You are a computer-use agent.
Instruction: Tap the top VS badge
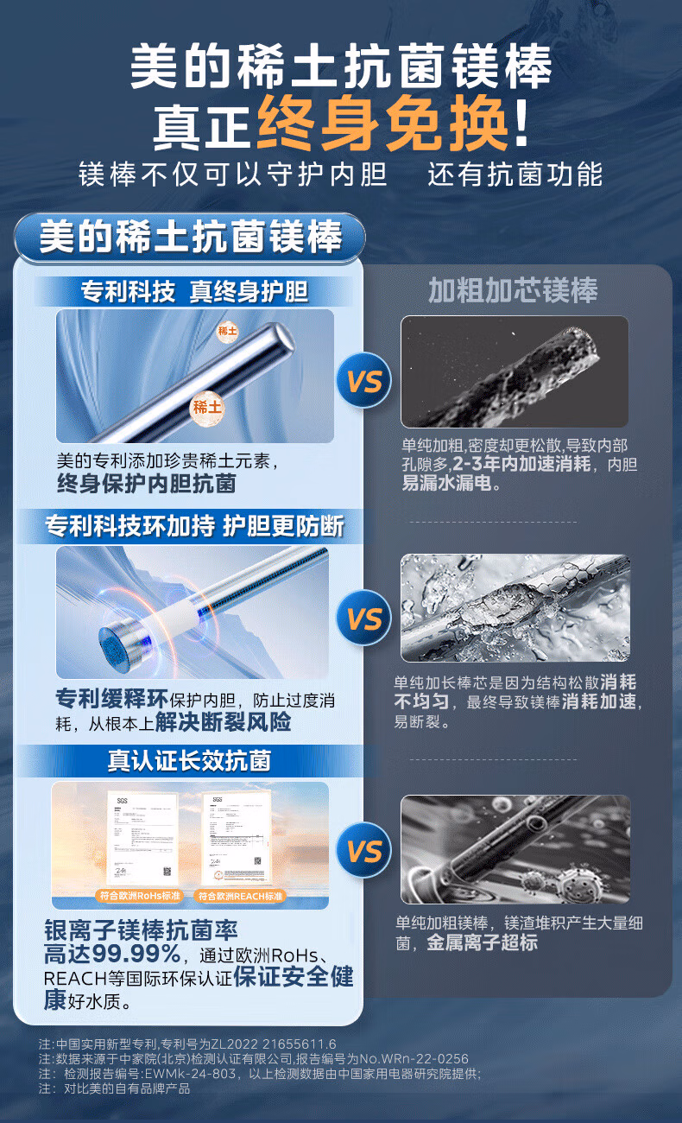(364, 380)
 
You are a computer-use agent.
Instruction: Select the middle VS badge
(364, 619)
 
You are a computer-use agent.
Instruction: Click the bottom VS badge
(364, 851)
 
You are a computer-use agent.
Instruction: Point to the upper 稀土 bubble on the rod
(227, 331)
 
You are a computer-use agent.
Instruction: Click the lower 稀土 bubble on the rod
(207, 406)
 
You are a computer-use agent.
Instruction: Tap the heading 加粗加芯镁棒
(513, 290)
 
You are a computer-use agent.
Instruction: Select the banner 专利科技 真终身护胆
(194, 291)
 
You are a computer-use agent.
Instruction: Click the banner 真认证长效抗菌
(189, 759)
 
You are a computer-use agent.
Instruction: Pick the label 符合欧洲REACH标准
(238, 896)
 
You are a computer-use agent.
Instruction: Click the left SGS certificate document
(142, 836)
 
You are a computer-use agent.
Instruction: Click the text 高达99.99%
(112, 955)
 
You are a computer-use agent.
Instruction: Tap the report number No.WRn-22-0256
(418, 1058)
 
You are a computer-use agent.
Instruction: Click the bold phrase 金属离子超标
(482, 943)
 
